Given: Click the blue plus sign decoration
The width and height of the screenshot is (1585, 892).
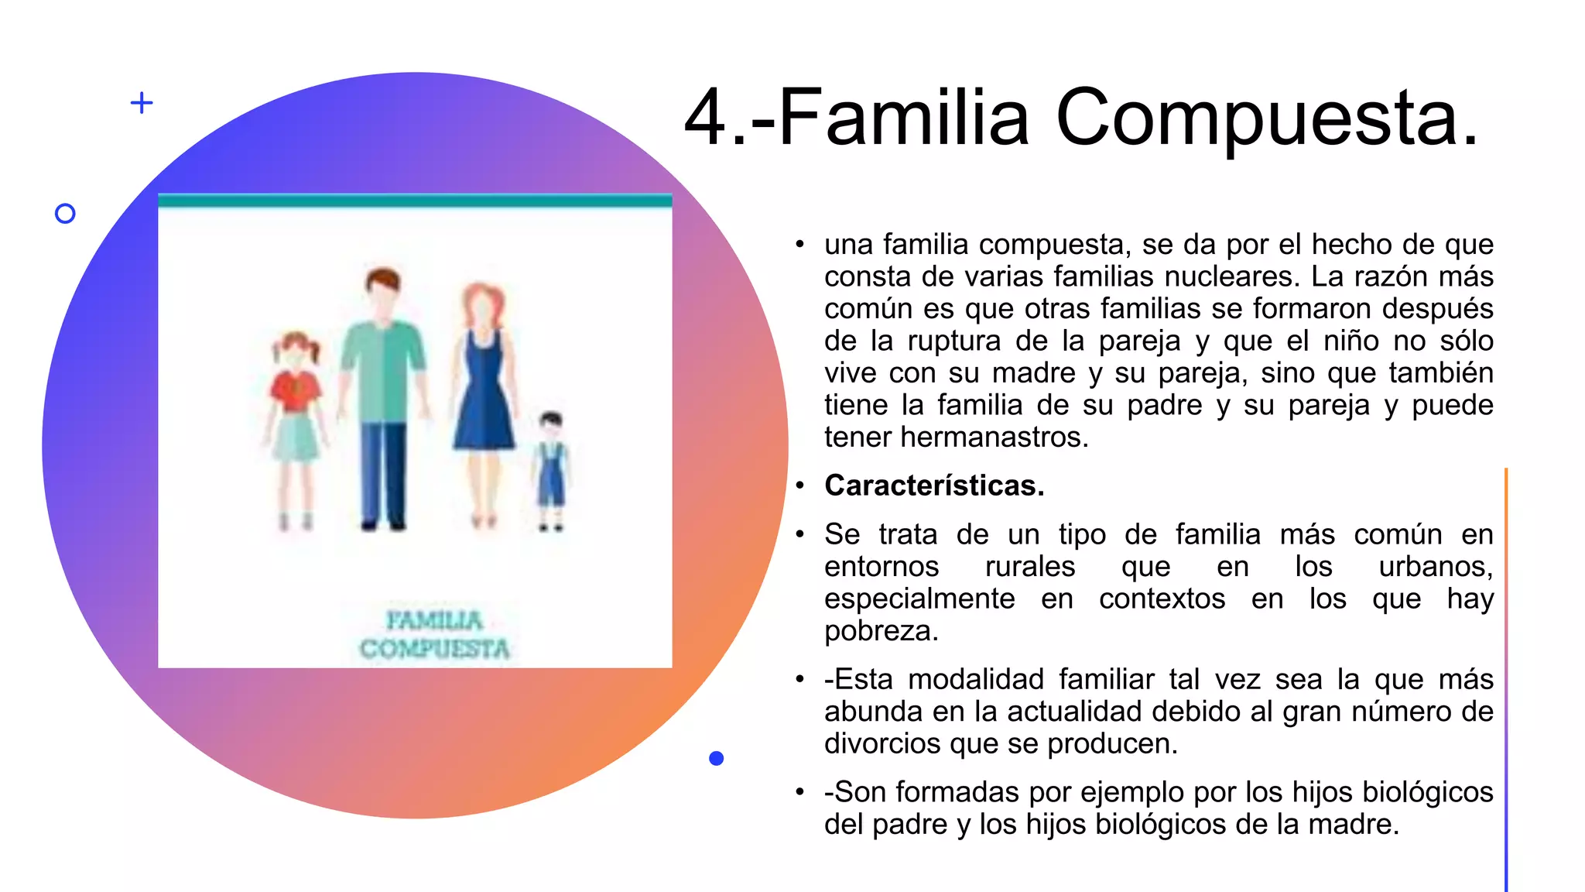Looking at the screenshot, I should (142, 103).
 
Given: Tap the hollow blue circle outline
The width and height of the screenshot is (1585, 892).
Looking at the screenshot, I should (66, 214).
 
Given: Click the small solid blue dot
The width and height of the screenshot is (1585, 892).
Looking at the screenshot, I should (717, 759).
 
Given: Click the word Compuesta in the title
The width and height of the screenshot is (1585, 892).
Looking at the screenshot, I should (1267, 118).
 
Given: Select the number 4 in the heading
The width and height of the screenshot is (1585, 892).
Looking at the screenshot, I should (706, 118).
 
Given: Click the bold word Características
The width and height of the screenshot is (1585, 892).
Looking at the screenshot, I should (934, 485).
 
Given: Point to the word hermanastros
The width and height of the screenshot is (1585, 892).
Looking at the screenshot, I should (994, 437).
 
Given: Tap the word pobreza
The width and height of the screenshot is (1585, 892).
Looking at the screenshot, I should (881, 631).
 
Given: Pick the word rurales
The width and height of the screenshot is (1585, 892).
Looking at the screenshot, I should (1029, 567).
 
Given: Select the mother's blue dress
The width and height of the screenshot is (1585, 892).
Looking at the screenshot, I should (484, 403).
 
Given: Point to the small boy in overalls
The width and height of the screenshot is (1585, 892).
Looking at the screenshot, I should (551, 468).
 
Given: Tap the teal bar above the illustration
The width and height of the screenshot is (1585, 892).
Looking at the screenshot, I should (415, 201).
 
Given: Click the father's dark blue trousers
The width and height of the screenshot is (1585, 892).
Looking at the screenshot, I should (382, 472).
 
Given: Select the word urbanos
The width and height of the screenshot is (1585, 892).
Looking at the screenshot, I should (1435, 567).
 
